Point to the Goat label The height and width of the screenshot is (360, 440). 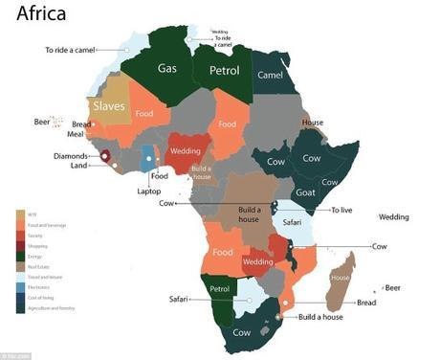click(306, 191)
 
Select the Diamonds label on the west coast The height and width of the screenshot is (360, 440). click(71, 156)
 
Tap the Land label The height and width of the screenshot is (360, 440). click(78, 169)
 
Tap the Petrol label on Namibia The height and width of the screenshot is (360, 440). click(218, 287)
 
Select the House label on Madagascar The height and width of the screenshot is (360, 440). click(340, 277)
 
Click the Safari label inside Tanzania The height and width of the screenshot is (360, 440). click(293, 223)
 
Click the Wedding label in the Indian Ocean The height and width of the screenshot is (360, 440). click(393, 217)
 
